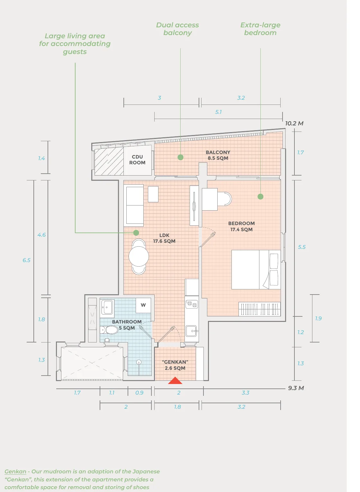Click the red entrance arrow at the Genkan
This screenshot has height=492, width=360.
175,381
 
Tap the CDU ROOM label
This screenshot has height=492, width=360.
137,160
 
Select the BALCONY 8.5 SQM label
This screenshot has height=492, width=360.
218,155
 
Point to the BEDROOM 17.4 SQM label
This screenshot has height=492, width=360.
241,226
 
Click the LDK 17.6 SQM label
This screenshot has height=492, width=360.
164,238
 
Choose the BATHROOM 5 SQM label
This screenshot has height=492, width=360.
127,325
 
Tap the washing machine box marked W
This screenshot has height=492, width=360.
143,305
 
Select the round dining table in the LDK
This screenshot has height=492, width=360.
139,256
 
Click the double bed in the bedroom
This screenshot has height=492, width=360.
256,269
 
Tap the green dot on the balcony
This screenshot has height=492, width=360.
180,157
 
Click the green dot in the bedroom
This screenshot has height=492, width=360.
260,196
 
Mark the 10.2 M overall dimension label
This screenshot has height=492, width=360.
294,123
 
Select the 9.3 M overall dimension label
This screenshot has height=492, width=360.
296,388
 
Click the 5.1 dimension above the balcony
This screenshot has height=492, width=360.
219,112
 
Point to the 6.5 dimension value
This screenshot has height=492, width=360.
27,260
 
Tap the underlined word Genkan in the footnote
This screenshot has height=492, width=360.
15,471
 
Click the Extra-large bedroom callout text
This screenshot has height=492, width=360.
260,29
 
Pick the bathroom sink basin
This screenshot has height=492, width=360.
107,307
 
